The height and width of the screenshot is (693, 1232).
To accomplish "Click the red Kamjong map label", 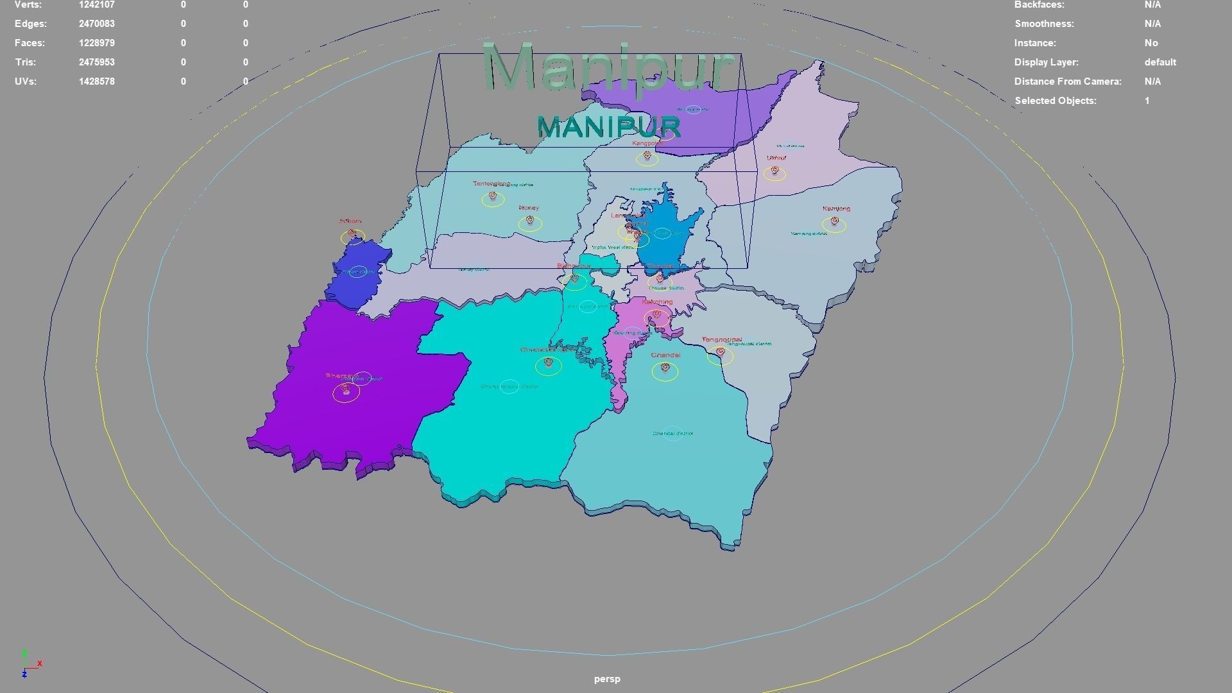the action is [x=836, y=209].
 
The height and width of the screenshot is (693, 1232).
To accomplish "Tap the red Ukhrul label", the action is [x=776, y=158].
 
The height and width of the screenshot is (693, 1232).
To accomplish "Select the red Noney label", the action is [x=529, y=208].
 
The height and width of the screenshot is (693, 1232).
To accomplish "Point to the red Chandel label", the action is [x=665, y=355].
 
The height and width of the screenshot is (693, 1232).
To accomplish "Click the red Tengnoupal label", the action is [x=721, y=339].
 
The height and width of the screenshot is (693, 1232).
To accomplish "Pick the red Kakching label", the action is [x=657, y=302].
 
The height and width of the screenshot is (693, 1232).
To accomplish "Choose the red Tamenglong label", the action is [x=492, y=184].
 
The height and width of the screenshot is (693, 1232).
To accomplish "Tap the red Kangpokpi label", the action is [x=645, y=144].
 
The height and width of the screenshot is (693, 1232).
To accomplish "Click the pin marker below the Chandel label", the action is [x=665, y=368].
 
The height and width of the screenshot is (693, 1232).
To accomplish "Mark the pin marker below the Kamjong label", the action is [x=834, y=221].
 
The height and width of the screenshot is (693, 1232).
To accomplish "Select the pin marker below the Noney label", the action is [x=529, y=221].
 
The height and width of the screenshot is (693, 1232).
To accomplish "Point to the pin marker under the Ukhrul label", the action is [x=775, y=171].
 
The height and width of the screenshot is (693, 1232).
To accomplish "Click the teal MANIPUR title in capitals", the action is [x=608, y=127].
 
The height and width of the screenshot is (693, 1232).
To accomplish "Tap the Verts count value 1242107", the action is [x=97, y=5].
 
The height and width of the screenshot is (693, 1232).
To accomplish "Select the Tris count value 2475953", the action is [x=97, y=62].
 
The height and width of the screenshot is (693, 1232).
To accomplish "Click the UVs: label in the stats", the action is [x=26, y=81].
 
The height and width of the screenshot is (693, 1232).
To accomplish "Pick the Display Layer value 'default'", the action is [x=1159, y=62].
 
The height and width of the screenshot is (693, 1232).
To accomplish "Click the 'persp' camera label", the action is [x=607, y=679].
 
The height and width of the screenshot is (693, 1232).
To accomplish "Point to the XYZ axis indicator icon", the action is [x=29, y=663].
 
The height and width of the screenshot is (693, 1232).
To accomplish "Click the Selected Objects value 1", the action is [x=1147, y=101].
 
